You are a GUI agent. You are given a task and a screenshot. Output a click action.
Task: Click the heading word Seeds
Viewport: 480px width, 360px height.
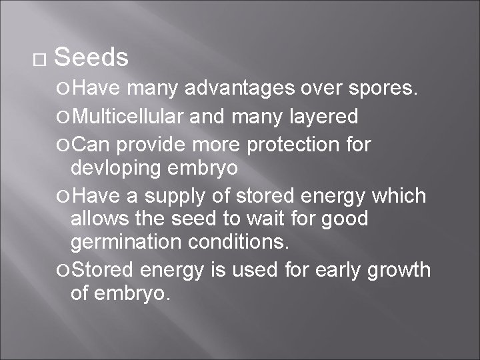(91, 58)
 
